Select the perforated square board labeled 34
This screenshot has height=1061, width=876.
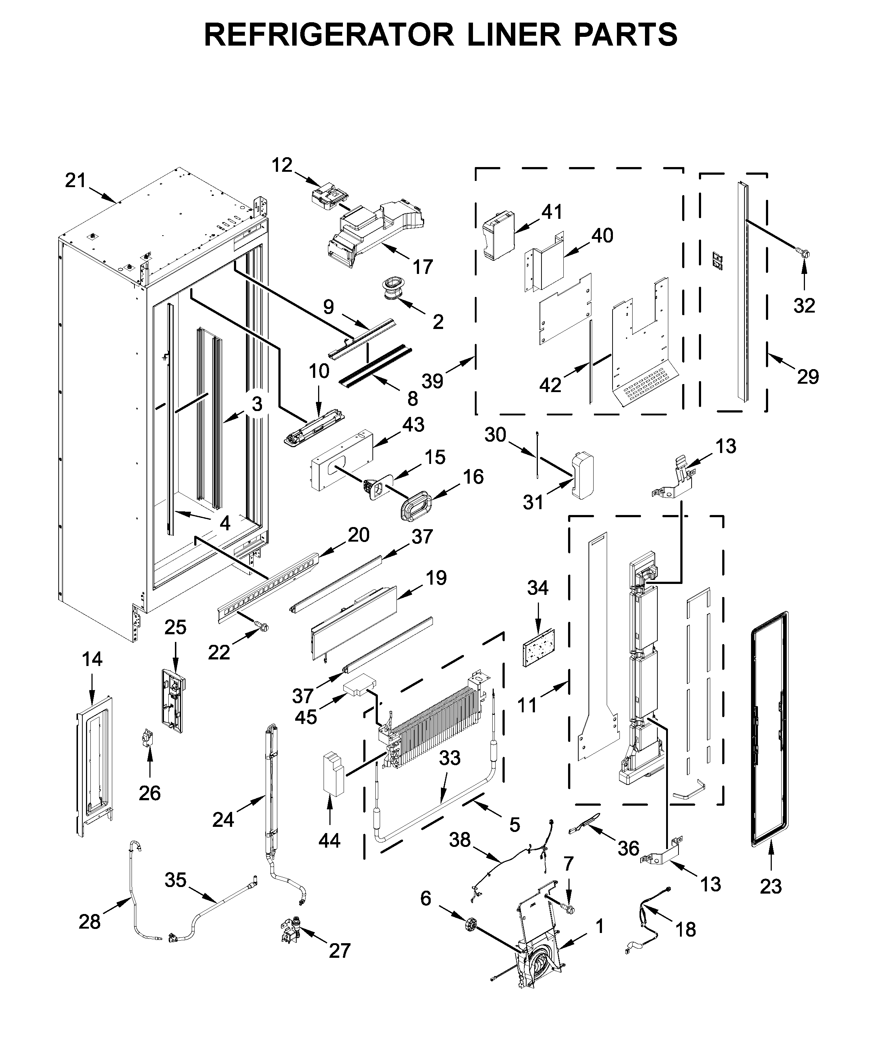point(539,648)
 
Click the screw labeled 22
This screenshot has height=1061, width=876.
point(263,627)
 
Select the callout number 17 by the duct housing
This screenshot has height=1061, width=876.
point(422,266)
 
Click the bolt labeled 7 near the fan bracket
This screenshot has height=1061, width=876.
point(569,909)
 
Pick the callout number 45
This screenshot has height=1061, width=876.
point(306,717)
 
